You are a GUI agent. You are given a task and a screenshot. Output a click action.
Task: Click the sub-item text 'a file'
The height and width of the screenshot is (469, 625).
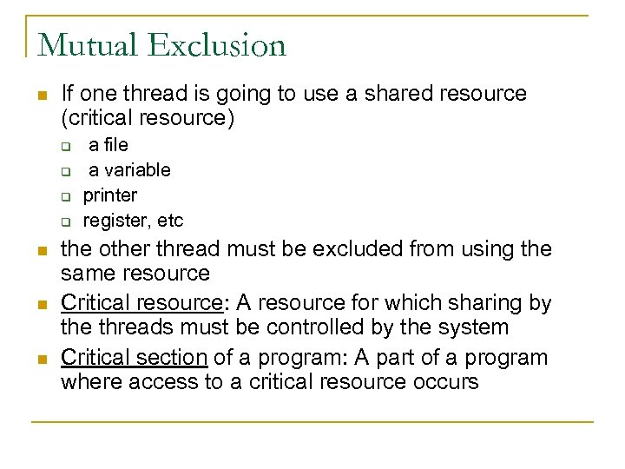point(109,145)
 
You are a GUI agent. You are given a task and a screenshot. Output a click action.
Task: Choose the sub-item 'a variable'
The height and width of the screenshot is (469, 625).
point(129,169)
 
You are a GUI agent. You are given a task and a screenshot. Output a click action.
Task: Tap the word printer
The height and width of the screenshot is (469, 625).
point(109,195)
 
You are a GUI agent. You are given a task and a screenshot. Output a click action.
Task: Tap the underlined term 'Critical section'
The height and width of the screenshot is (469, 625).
point(134,357)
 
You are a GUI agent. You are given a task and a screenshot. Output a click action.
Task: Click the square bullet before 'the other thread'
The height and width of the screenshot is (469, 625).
point(41,251)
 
